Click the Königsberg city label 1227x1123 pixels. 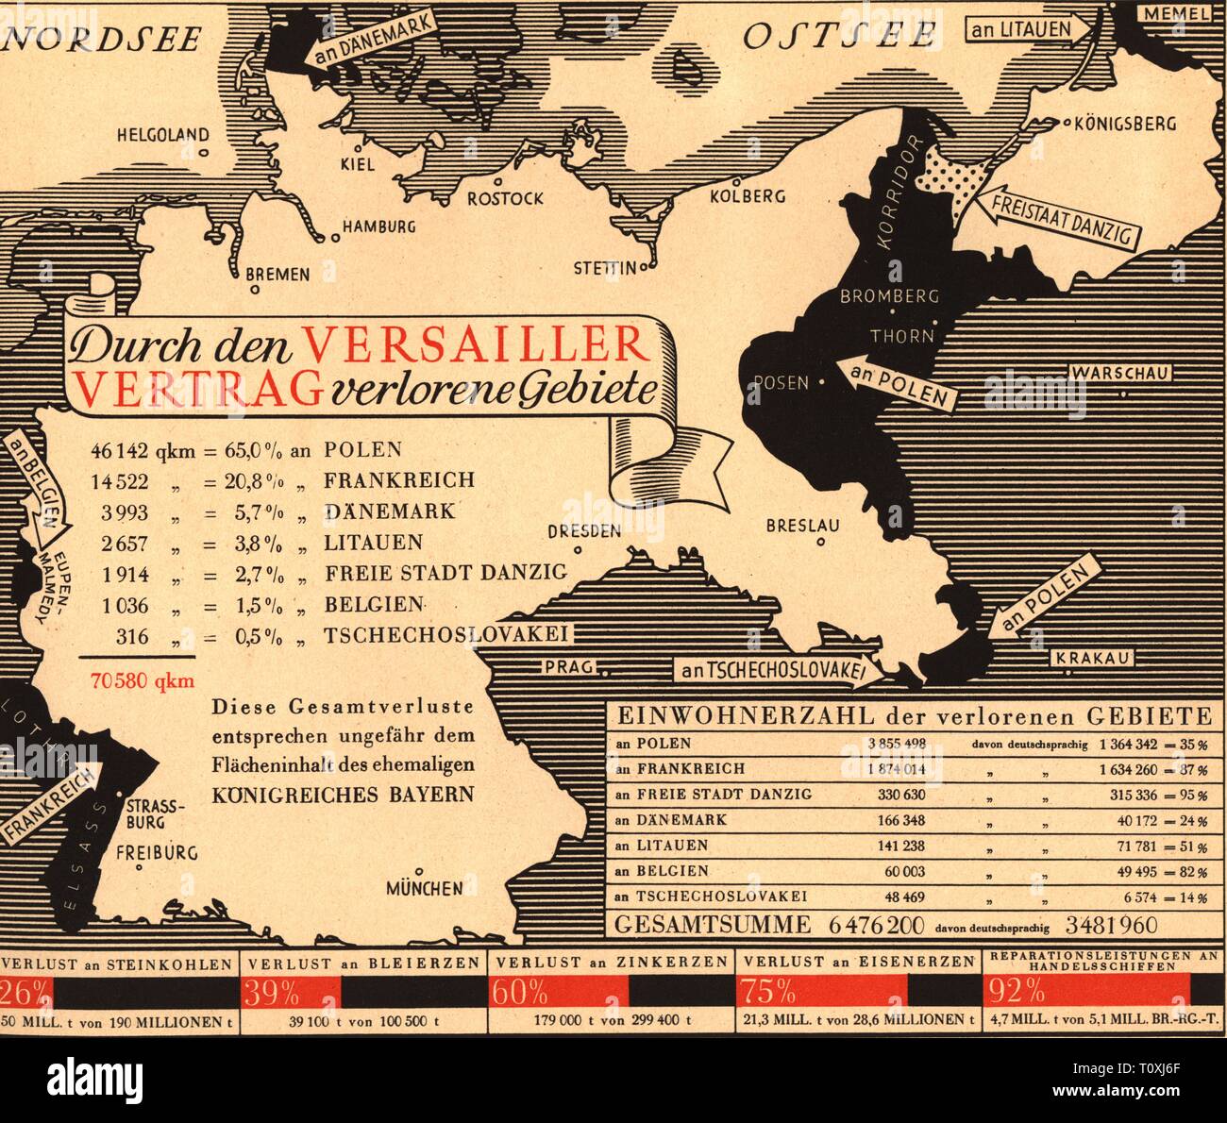[1126, 124]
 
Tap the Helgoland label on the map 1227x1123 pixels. [162, 135]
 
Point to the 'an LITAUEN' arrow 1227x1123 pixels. [1025, 29]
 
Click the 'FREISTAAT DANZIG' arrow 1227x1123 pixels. [1057, 218]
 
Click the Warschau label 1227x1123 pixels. [1120, 373]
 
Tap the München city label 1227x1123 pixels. [424, 888]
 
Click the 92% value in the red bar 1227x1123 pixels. [1015, 992]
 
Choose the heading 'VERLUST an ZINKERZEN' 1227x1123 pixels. [612, 962]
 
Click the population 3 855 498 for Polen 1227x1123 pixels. [896, 744]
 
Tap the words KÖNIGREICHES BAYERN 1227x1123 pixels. [343, 794]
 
